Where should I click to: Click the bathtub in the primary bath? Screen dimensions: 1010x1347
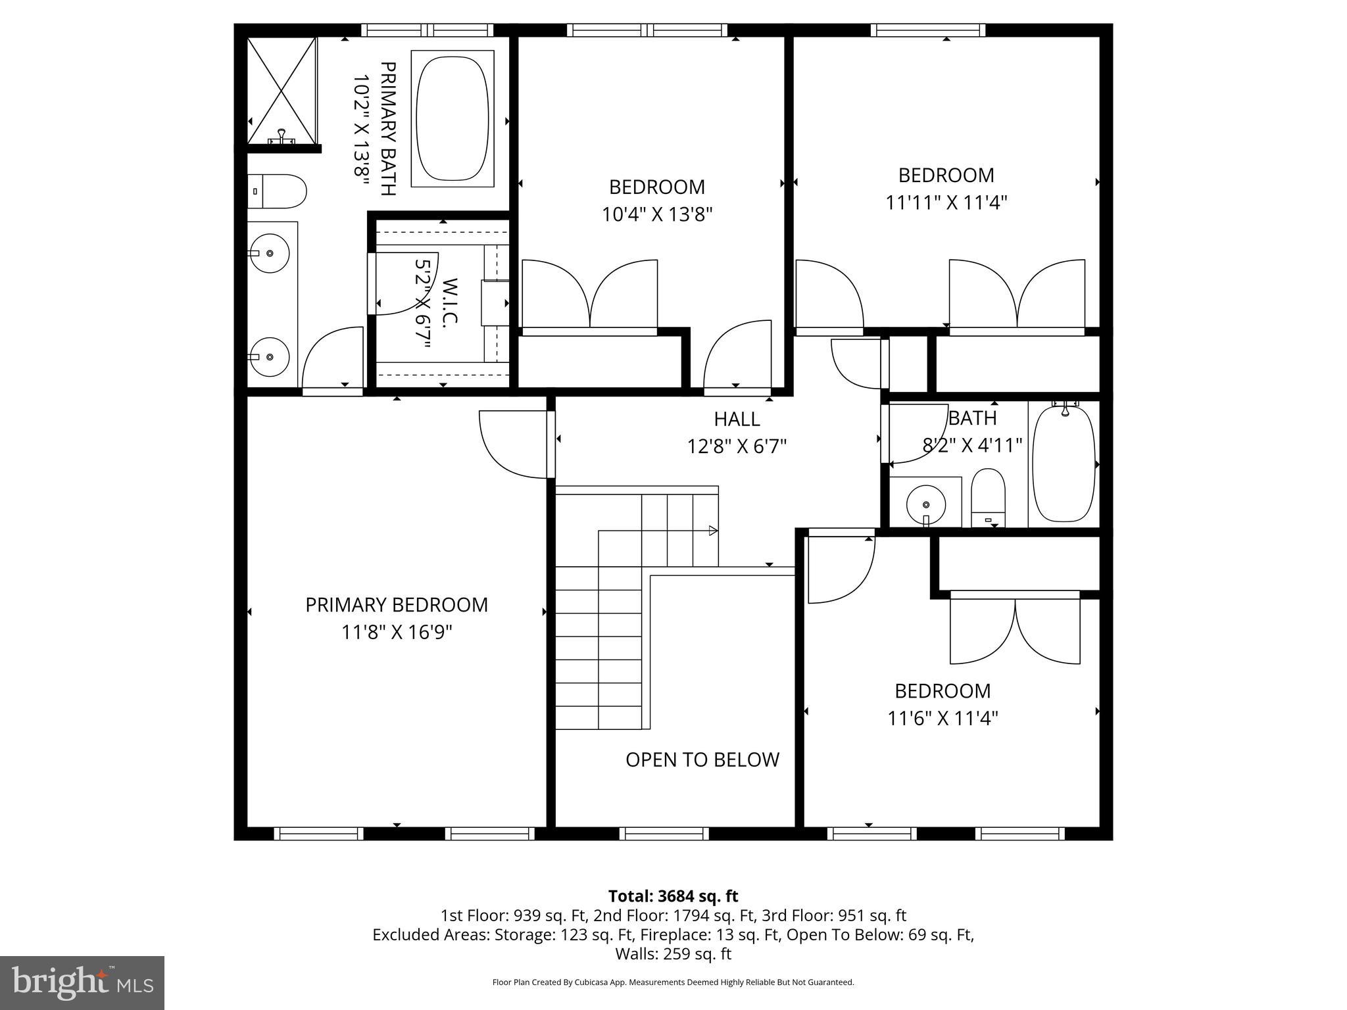tap(453, 118)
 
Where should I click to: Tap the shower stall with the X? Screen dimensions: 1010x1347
tap(282, 90)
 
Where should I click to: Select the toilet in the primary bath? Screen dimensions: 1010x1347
tap(278, 191)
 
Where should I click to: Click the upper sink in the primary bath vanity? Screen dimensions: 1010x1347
tap(270, 252)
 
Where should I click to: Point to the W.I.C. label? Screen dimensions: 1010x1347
tap(450, 302)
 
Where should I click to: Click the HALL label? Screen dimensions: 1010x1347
tap(737, 419)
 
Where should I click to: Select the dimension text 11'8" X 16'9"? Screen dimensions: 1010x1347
tap(397, 633)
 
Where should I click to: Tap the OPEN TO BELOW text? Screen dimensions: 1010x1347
tap(702, 760)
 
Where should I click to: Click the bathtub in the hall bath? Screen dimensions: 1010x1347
tap(1064, 464)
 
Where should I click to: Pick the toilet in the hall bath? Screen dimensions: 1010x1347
tap(989, 500)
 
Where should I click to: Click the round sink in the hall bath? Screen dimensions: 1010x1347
tap(926, 504)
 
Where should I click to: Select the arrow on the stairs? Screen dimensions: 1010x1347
tap(713, 531)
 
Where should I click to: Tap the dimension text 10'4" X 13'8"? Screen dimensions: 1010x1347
tap(657, 215)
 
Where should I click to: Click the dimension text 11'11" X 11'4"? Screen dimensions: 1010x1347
tap(946, 203)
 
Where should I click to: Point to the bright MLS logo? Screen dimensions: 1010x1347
tap(82, 982)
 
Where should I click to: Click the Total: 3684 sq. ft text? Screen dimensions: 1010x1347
tap(673, 896)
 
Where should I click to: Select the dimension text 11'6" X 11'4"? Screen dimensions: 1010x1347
tap(943, 719)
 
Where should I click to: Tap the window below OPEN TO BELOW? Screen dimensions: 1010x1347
tap(664, 834)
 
